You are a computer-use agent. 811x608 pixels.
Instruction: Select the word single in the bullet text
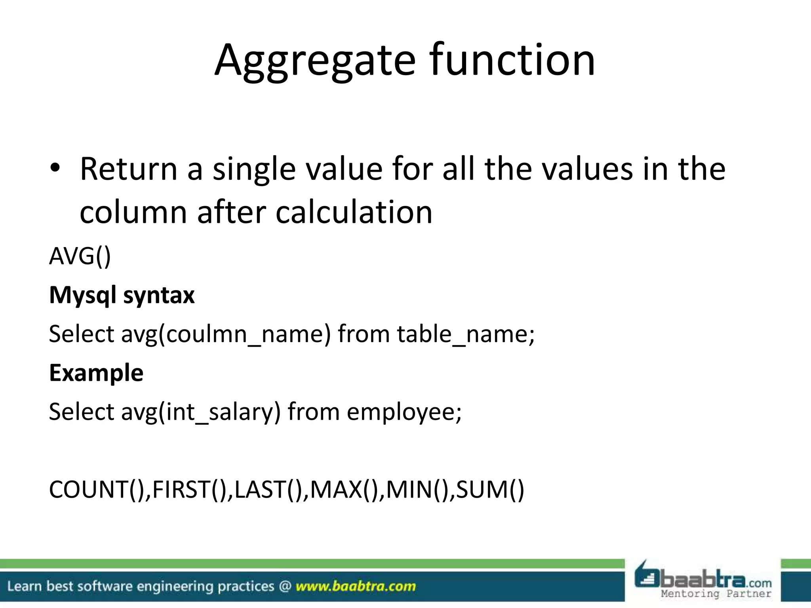tap(254, 169)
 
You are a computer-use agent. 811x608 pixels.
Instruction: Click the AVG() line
tap(80, 256)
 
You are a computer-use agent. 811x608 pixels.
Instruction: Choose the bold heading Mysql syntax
tap(122, 295)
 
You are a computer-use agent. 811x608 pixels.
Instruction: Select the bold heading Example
tap(96, 373)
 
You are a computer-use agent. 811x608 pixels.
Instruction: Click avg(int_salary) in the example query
tap(201, 412)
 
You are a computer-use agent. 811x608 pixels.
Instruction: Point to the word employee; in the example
tap(404, 412)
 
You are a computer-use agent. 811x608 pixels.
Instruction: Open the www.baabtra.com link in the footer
tap(356, 586)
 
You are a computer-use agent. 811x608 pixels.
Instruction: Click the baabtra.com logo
tap(703, 580)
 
